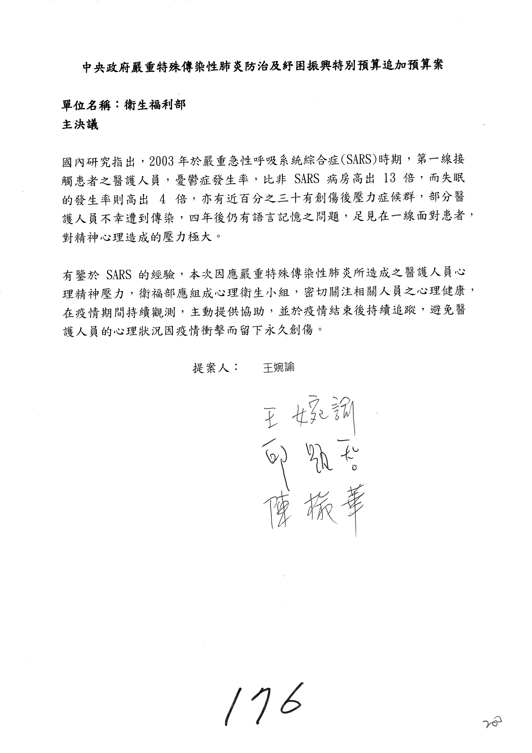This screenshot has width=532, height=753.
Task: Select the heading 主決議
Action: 80,125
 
